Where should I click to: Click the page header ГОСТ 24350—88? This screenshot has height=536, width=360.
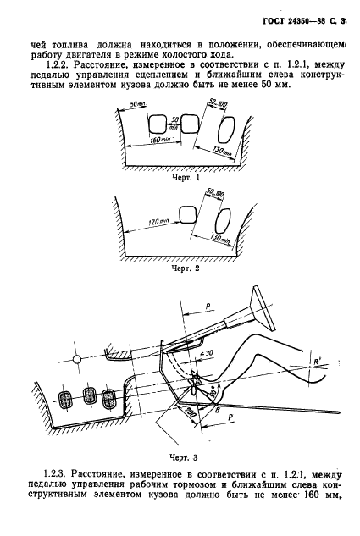tap(296, 21)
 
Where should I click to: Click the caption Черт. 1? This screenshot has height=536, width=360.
tap(185, 177)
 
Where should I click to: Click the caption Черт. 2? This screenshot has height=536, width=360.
tap(185, 268)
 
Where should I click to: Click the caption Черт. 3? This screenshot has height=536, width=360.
tap(183, 457)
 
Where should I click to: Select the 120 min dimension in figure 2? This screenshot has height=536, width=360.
tap(158, 222)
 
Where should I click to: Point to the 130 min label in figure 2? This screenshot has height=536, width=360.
tap(219, 239)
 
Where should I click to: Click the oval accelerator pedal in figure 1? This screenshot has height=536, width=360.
tap(226, 129)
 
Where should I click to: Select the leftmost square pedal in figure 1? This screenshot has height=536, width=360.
tap(158, 124)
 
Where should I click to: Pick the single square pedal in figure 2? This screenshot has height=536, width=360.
tap(187, 215)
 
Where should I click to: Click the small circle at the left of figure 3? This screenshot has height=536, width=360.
tap(77, 359)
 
